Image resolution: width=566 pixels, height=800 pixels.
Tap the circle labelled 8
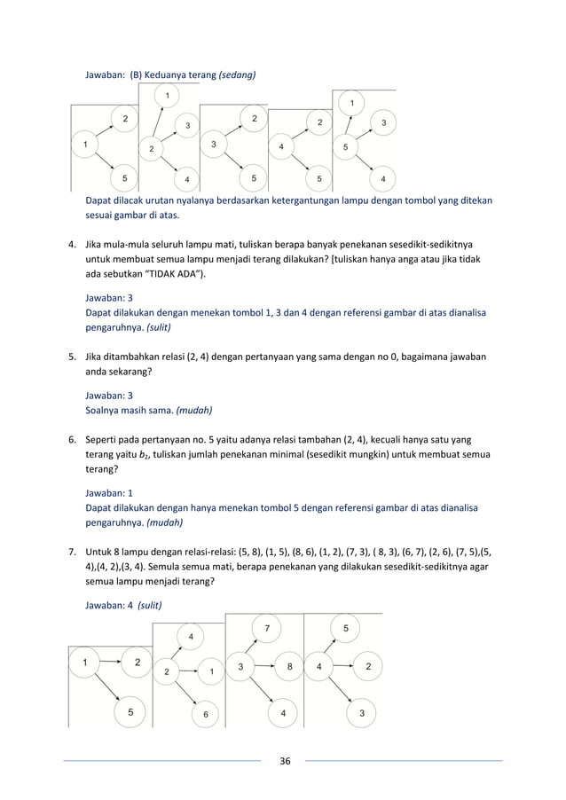pyautogui.click(x=289, y=666)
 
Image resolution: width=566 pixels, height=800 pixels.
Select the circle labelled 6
pyautogui.click(x=205, y=713)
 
